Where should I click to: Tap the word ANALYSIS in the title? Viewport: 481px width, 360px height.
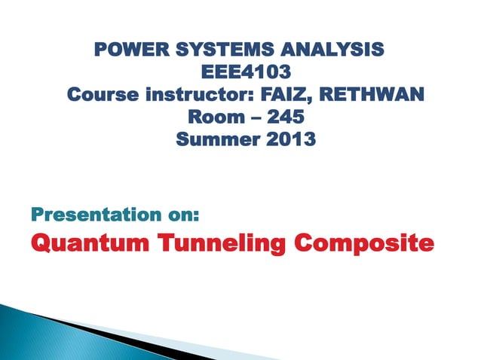326,50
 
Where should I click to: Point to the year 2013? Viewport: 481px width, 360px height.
287,140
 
